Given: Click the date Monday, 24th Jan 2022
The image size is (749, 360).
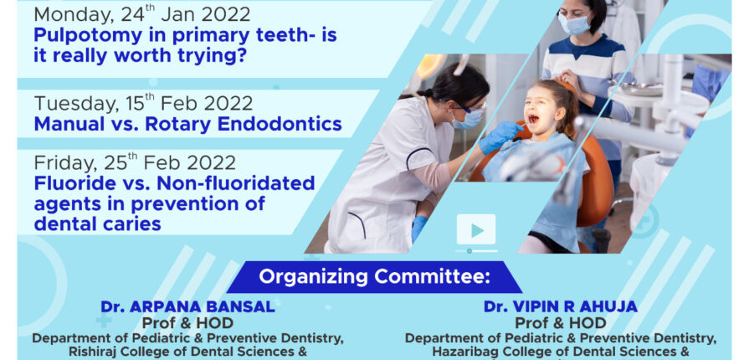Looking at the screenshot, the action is click(x=142, y=13).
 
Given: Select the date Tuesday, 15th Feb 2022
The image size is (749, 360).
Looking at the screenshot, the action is click(x=143, y=103).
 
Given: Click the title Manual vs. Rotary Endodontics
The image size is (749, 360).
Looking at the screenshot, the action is click(x=187, y=124).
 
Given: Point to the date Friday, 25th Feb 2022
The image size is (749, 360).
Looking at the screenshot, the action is click(x=135, y=162).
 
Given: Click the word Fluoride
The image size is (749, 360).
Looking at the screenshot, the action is click(x=74, y=183).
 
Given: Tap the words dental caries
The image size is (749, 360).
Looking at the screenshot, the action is click(x=97, y=224).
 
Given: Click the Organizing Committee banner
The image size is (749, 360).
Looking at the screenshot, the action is click(x=375, y=277).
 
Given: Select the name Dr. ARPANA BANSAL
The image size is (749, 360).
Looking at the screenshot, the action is click(x=187, y=306).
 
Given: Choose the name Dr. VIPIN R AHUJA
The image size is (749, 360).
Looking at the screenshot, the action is click(x=561, y=306).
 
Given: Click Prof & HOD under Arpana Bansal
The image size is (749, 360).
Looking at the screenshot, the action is click(x=187, y=323).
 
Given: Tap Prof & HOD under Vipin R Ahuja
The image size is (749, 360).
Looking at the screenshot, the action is click(x=561, y=323).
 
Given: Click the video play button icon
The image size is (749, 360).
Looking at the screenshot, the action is click(x=476, y=230).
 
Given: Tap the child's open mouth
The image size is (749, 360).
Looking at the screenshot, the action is click(x=534, y=119).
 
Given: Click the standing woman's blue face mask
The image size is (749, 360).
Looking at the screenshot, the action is click(x=575, y=24).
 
